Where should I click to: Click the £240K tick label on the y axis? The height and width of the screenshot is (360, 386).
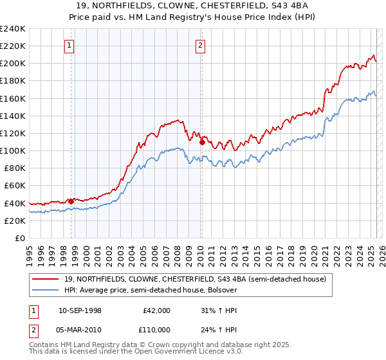point(13,29)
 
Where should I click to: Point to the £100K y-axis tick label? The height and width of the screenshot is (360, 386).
point(13,150)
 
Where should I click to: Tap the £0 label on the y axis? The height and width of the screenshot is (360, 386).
point(19,238)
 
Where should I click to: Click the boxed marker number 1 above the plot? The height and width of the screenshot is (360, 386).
point(69,45)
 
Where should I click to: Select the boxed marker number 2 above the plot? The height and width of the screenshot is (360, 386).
point(201,45)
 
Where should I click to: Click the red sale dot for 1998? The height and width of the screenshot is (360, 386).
point(71,201)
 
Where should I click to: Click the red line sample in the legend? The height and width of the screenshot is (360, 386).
point(46,279)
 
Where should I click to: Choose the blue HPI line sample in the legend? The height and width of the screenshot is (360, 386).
point(46,290)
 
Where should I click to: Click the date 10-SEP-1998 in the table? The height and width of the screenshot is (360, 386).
point(80,310)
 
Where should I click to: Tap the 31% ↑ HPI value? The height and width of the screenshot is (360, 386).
point(219,310)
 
